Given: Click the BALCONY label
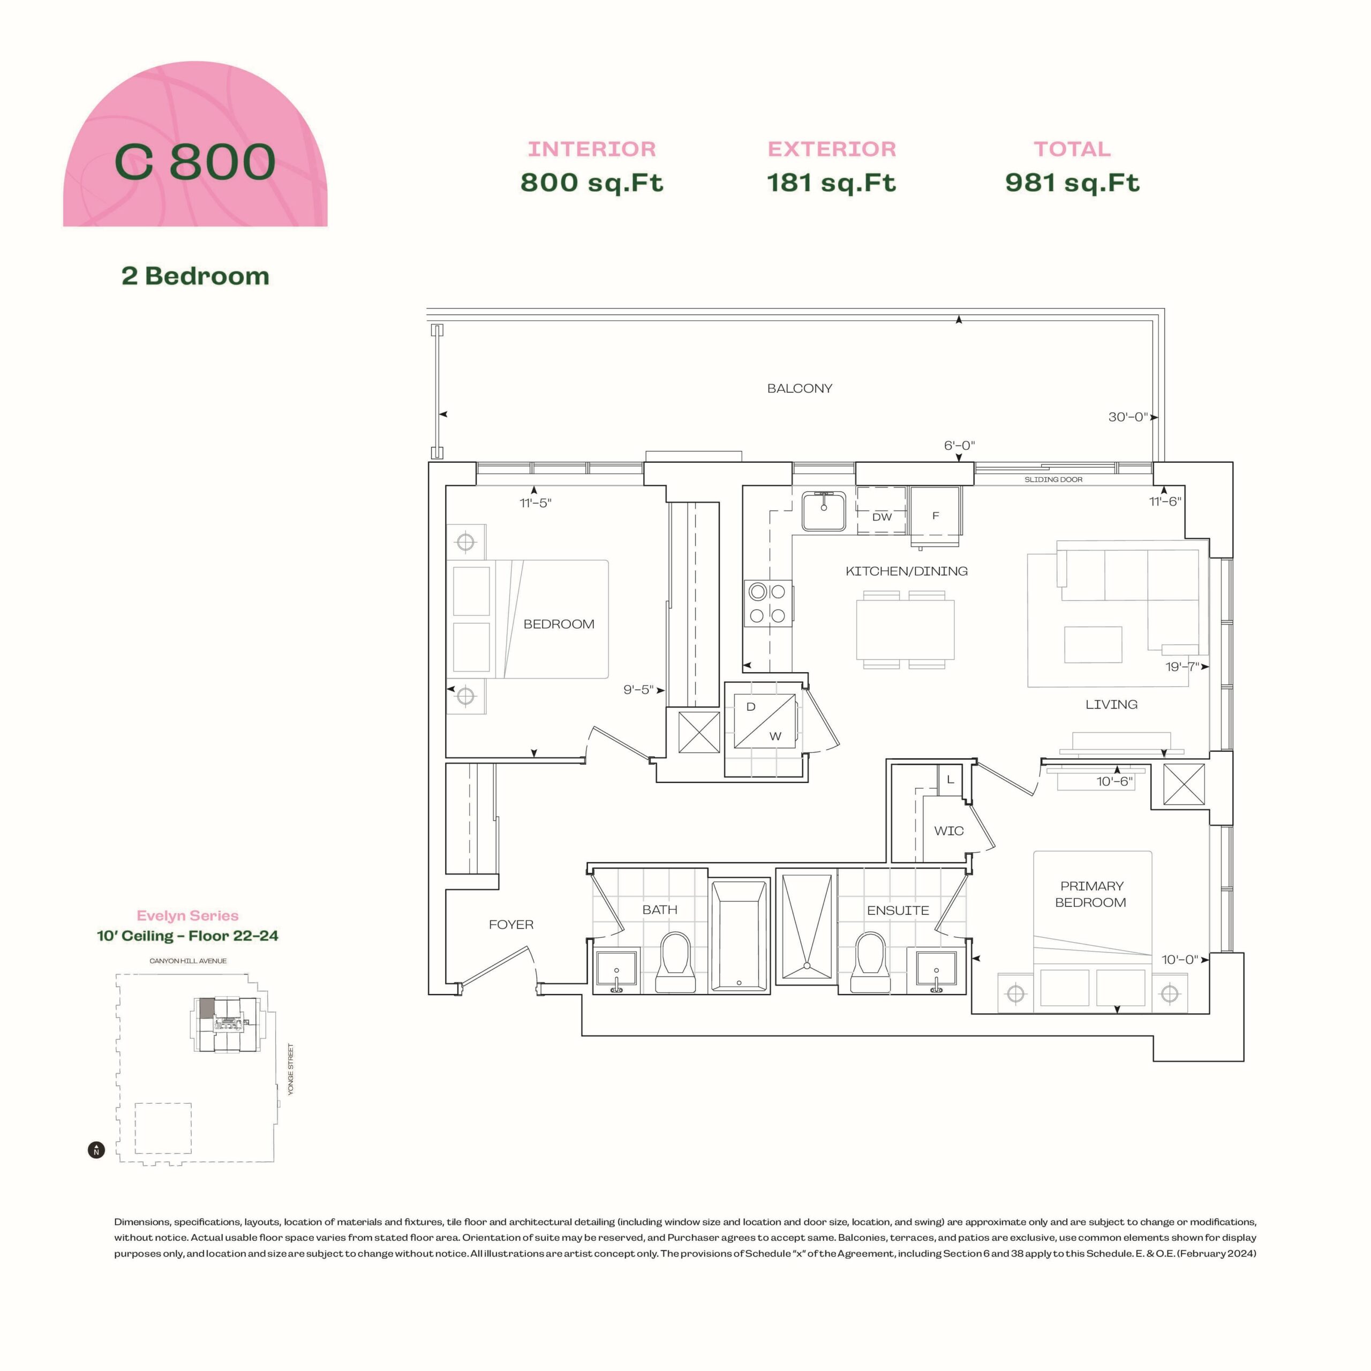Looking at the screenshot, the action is tap(799, 388).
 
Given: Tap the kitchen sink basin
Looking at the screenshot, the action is tap(823, 511).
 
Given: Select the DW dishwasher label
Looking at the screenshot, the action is tap(882, 517).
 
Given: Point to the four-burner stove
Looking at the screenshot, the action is tap(767, 603).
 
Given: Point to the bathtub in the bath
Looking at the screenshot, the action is tap(740, 935).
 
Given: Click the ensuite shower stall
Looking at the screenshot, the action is tap(807, 926).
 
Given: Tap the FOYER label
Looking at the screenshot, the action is tap(511, 925).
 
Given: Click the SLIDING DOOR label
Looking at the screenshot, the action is tap(1053, 480).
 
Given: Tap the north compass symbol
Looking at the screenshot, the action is tap(96, 1150).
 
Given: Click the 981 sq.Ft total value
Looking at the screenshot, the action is tap(1072, 183).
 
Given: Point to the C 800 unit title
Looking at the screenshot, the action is tap(195, 162).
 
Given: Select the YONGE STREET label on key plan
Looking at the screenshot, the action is tap(291, 1069).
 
